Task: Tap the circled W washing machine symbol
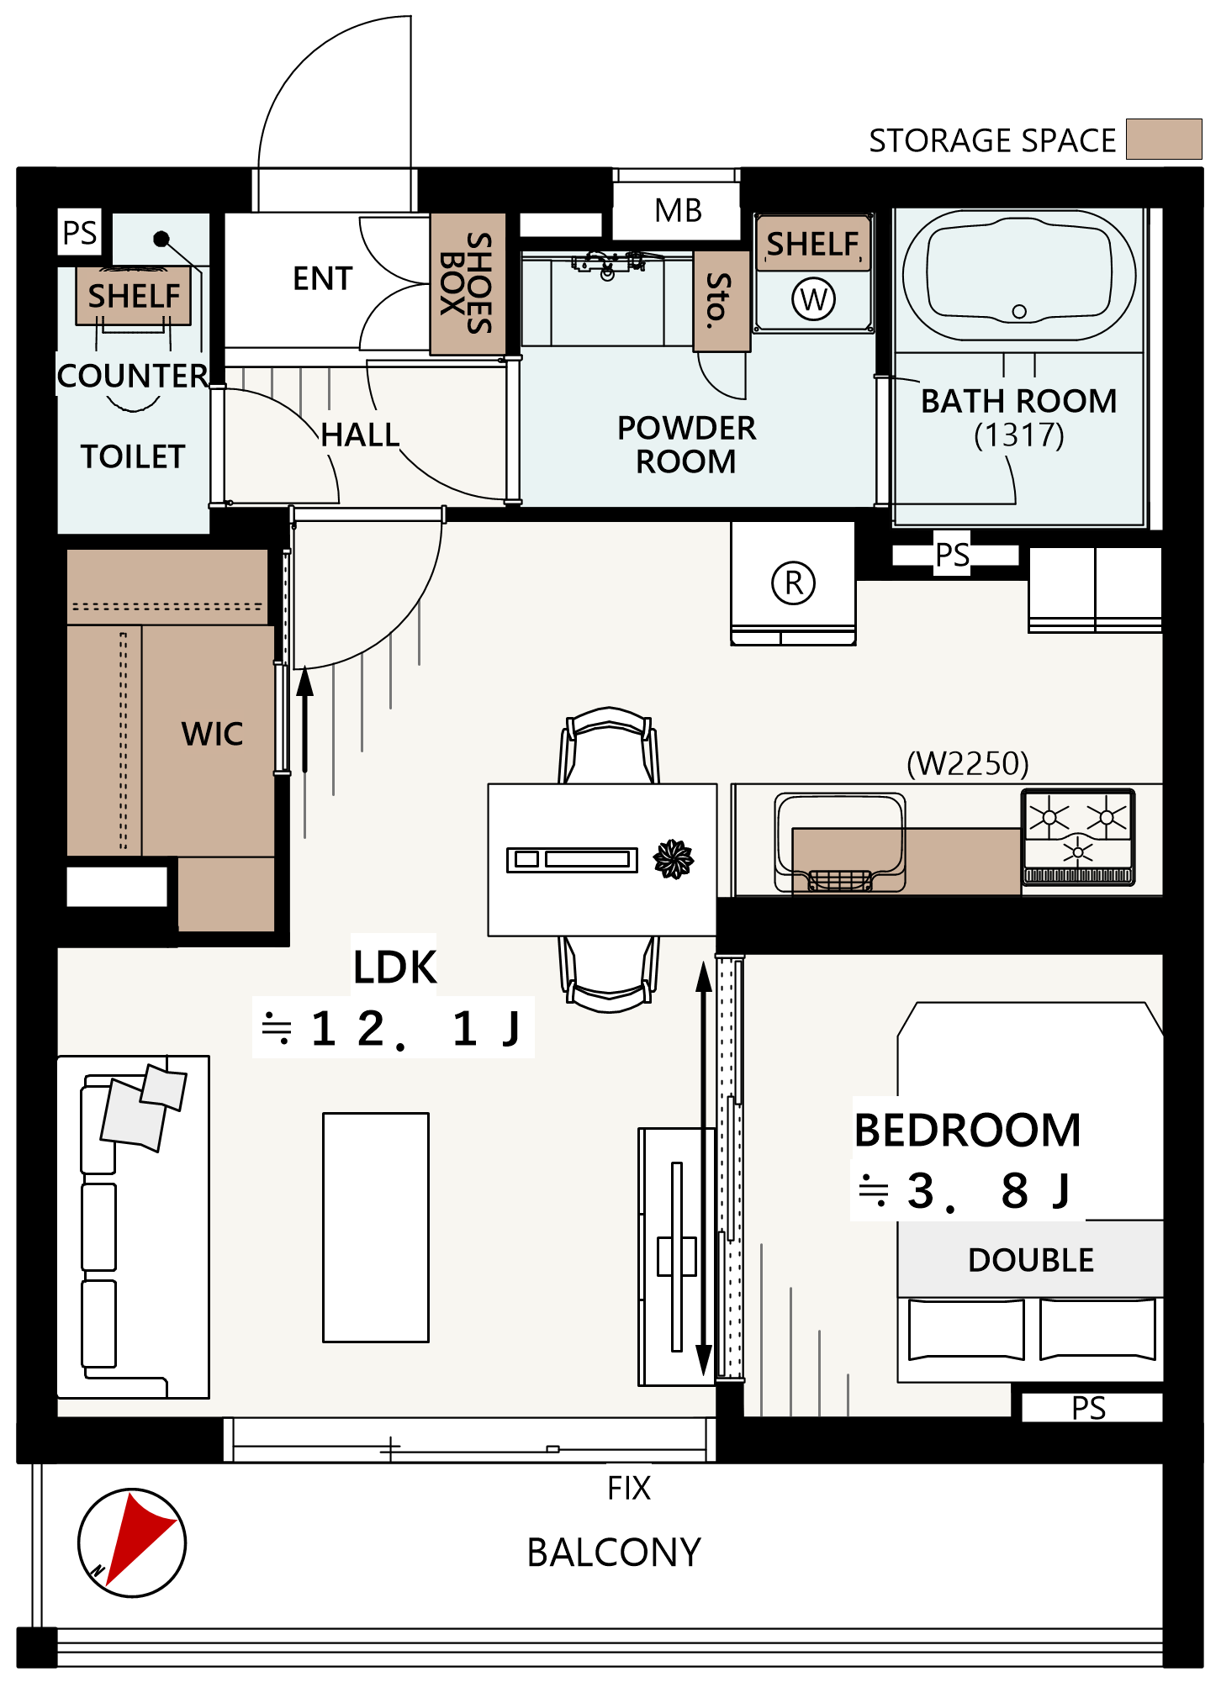(813, 298)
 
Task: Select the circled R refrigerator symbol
(793, 583)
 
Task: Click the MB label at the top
(678, 210)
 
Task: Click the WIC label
(212, 734)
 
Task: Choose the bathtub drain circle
(1019, 311)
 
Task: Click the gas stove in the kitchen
(1078, 837)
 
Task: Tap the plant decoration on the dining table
(674, 858)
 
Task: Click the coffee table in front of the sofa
(376, 1227)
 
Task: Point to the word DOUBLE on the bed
(1031, 1260)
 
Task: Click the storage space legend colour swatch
(1164, 139)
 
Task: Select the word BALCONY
(614, 1553)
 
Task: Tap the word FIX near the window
(629, 1488)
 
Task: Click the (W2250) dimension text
(968, 763)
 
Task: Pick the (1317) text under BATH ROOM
(1019, 435)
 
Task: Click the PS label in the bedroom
(1089, 1408)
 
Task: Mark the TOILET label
(133, 456)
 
